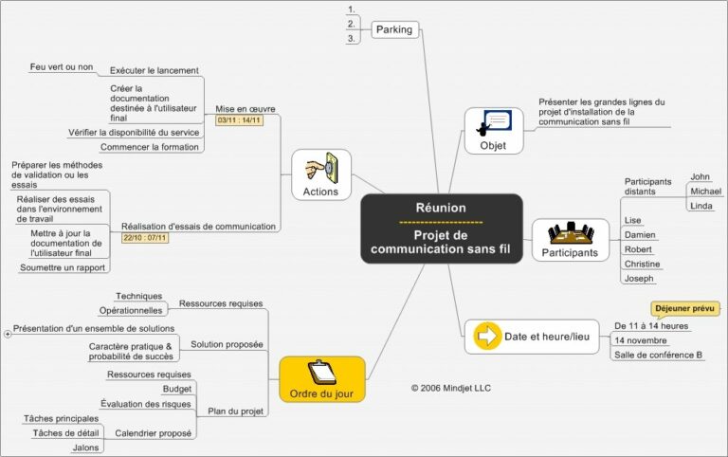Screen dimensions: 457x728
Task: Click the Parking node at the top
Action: (x=394, y=29)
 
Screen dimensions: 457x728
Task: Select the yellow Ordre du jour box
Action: (x=322, y=379)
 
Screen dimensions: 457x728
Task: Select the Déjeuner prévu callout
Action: (x=685, y=308)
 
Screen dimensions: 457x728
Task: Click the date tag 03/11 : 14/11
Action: (x=240, y=120)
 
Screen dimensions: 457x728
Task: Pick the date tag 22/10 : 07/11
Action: (x=145, y=237)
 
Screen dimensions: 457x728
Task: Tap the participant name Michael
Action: (x=705, y=192)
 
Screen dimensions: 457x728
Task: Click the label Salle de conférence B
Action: (x=658, y=355)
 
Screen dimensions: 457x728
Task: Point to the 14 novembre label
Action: (x=641, y=339)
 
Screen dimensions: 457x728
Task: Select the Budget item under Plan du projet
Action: (x=177, y=389)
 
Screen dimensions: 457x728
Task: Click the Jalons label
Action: (x=85, y=447)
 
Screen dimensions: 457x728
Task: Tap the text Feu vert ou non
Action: (x=62, y=67)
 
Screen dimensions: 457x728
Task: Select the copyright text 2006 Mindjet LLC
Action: (x=451, y=388)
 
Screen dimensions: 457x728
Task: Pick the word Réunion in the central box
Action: (x=441, y=208)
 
